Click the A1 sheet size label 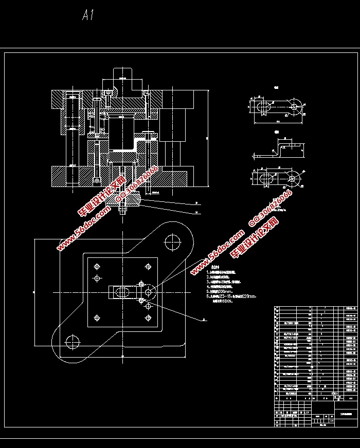coord(88,16)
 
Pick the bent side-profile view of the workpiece coord(278,149)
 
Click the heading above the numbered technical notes coord(214,268)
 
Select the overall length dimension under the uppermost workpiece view coord(278,122)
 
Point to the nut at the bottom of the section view coord(122,208)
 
